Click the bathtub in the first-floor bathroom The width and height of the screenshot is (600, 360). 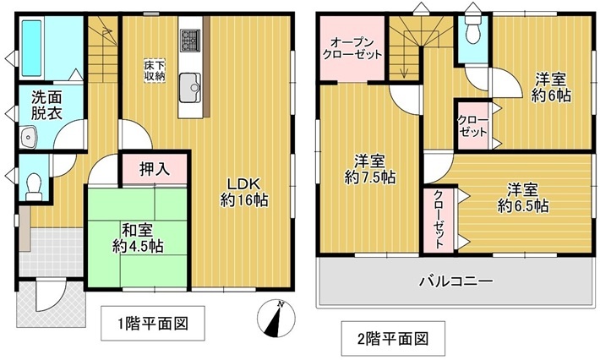coord(31,48)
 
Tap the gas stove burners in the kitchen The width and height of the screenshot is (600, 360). coord(190,41)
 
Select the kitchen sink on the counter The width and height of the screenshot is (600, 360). coord(190,88)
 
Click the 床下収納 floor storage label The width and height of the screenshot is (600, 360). coord(154,70)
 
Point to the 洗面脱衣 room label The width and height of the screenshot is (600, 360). coord(46,105)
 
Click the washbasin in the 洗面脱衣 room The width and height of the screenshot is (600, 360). coord(28,137)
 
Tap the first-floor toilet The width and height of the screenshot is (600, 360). coord(34,187)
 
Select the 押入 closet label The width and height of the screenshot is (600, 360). coord(155,169)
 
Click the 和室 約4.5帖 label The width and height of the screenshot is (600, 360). coord(138,237)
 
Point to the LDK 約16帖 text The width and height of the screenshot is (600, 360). coord(244,192)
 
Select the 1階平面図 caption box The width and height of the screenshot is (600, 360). coord(153,324)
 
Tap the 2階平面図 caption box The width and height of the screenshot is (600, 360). coord(393,339)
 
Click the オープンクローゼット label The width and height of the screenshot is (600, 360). coord(352,48)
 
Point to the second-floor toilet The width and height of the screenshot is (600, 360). coord(473,30)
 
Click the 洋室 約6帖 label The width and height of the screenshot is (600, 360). coord(551,88)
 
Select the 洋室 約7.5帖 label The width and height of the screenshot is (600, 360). coord(369,170)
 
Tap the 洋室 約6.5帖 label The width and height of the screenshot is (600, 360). coord(523,198)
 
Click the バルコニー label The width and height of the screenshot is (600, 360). coord(456,282)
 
